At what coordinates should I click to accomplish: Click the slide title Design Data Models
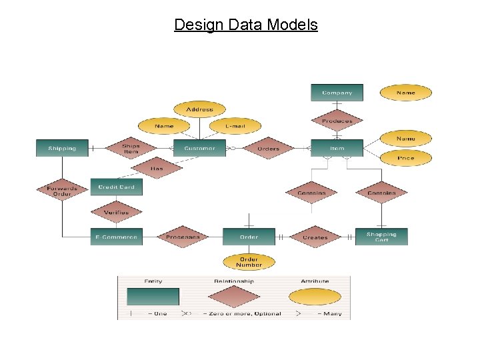coord(246,25)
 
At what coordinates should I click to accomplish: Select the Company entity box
coord(337,93)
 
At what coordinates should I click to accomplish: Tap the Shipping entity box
coord(62,148)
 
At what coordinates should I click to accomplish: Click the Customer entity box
coord(199,148)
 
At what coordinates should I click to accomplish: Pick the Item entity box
coord(337,148)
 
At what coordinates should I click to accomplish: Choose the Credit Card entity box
coord(117,187)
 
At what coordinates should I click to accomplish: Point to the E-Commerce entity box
coord(117,237)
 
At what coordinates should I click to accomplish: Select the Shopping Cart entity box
coord(381,237)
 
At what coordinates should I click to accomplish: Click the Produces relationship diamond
coord(337,121)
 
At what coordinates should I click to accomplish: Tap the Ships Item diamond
coord(131,148)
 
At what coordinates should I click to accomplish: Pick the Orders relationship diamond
coord(268,148)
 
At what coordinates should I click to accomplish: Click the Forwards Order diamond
coord(62,190)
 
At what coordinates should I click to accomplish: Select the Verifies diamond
coord(117,212)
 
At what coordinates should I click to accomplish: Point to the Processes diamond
coord(183,237)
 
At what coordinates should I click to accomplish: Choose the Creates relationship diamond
coord(315,237)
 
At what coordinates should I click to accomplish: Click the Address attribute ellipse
coord(199,109)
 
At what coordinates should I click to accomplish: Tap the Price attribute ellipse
coord(405,159)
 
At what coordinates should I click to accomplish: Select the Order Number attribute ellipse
coord(249,262)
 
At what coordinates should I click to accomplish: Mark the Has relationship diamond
coord(157,168)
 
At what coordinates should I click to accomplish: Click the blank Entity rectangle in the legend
coord(153,297)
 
